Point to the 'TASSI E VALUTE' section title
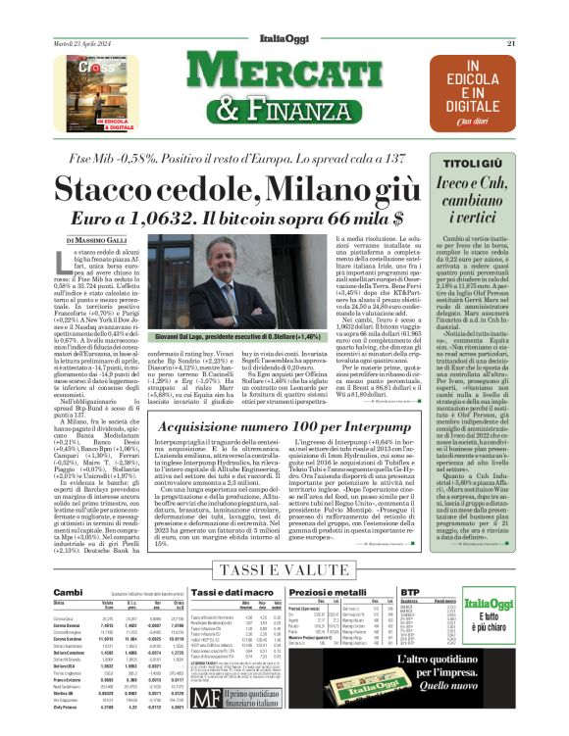(x=284, y=570)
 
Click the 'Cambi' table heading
(x=68, y=593)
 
